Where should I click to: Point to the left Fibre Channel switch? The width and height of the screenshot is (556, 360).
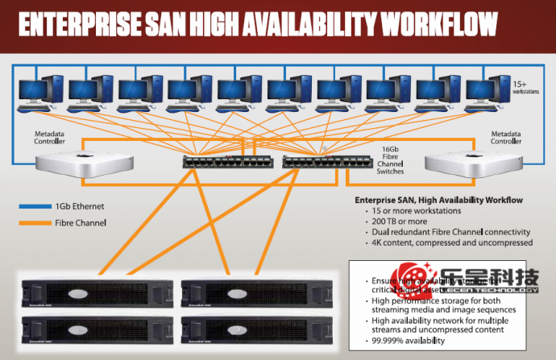226,161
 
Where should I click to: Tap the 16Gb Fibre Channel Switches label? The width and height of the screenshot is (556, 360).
392,160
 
